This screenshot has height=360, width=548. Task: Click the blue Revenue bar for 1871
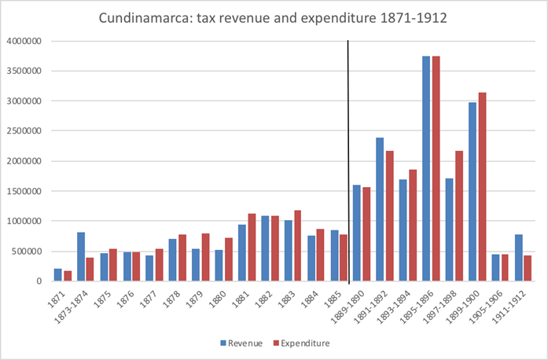click(58, 274)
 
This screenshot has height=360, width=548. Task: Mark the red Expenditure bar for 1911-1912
click(528, 268)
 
